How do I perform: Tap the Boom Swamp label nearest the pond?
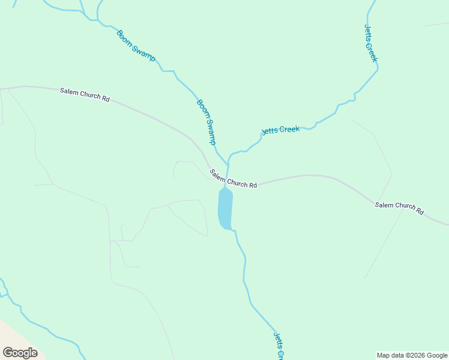click(x=206, y=122)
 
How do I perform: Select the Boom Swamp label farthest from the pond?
click(x=136, y=46)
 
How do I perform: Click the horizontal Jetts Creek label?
click(x=280, y=130)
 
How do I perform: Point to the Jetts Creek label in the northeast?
click(x=371, y=43)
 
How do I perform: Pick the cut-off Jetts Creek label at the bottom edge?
click(x=279, y=346)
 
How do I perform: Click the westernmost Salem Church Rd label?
click(x=85, y=95)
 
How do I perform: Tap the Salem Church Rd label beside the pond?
click(x=234, y=179)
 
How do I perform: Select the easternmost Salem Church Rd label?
click(x=399, y=209)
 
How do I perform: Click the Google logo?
click(x=20, y=353)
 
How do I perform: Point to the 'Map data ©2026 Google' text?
click(x=412, y=355)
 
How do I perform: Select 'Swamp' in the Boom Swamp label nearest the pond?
click(x=209, y=130)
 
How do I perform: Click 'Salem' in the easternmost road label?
click(x=384, y=205)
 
